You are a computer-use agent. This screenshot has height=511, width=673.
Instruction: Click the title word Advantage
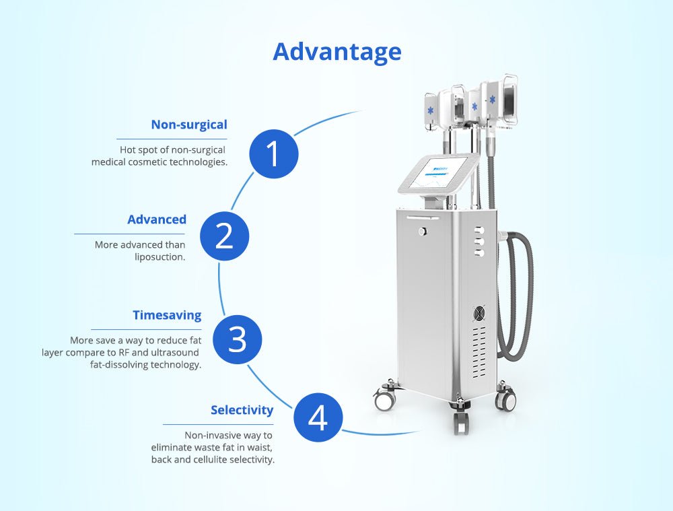click(336, 52)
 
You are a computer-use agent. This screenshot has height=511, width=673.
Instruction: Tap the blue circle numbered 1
click(273, 154)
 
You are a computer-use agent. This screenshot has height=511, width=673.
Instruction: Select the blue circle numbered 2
click(224, 236)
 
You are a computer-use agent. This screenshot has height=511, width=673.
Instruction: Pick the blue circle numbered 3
click(237, 339)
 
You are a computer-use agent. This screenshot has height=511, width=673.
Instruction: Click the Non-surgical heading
click(188, 125)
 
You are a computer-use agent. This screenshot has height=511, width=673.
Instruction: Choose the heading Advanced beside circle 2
click(156, 219)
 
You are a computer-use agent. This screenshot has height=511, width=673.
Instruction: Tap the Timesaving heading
click(166, 315)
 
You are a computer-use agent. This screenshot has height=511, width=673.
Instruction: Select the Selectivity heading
click(242, 410)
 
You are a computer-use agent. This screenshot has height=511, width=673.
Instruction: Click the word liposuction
click(160, 257)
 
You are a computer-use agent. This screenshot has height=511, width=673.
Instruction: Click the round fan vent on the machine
click(479, 314)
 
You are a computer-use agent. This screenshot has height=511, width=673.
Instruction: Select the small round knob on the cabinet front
click(422, 232)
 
